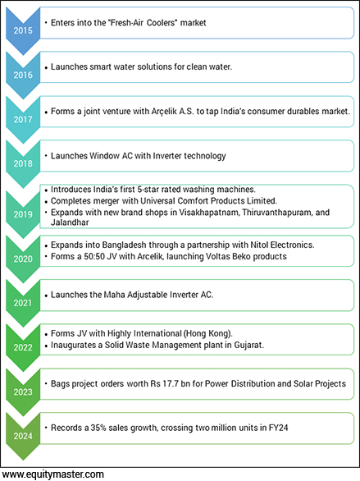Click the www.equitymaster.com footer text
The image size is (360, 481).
pos(52,474)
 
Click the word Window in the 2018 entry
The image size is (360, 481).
pos(110,155)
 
